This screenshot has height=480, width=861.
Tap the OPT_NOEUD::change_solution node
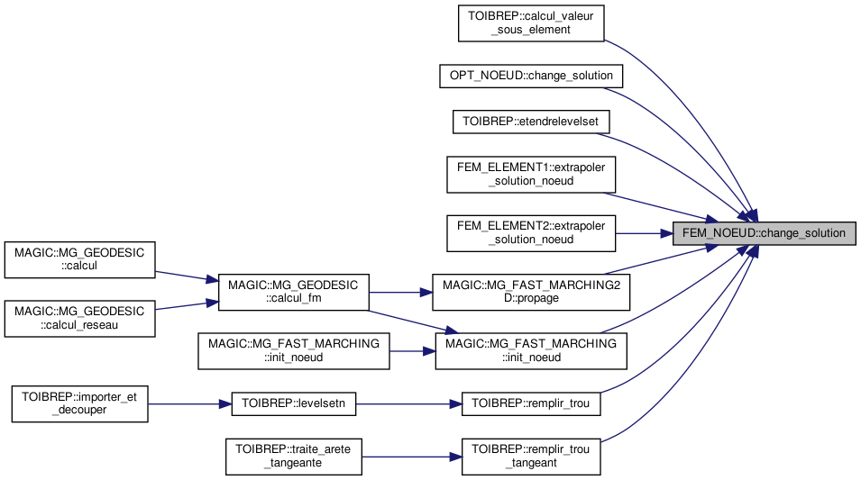530,76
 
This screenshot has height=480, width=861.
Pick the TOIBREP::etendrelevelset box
530,121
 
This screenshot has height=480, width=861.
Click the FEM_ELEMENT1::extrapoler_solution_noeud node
530,174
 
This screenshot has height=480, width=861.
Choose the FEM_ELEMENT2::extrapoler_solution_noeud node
530,233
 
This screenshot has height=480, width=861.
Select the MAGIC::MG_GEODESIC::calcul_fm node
294,292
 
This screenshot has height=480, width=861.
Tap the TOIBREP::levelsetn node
294,404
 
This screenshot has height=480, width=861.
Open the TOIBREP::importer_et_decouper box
79,404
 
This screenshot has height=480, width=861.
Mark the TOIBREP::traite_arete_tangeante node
294,456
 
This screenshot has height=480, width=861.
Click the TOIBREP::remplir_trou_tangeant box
530,456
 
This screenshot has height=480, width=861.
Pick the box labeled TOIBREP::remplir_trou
530,404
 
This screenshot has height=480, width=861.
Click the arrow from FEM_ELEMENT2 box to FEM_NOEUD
644,233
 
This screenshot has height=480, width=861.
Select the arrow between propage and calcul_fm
401,292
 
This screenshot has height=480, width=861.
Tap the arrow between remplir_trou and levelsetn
409,404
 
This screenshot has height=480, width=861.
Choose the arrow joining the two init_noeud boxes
412,351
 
